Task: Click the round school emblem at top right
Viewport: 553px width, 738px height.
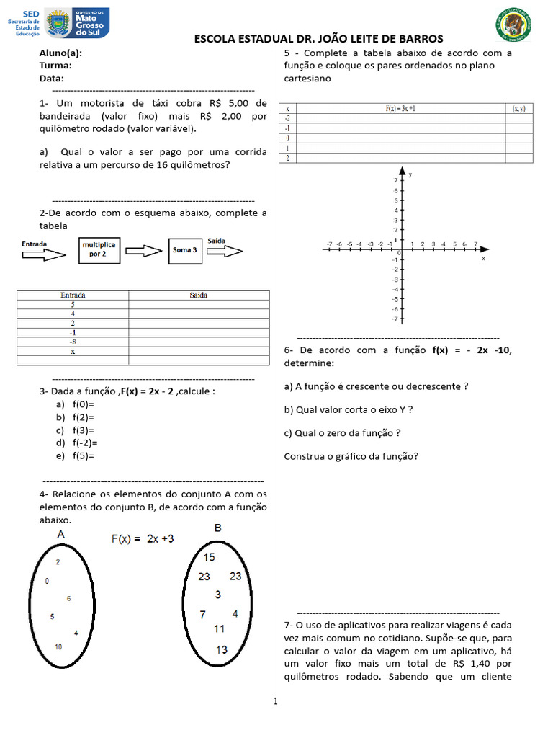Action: tap(513, 25)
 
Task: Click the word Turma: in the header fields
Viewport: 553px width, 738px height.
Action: tap(55, 66)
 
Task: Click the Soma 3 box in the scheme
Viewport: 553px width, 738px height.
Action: tap(184, 250)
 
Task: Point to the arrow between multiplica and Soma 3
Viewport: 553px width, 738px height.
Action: tap(144, 250)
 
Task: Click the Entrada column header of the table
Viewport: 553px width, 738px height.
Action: tap(73, 295)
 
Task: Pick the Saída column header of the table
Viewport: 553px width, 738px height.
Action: tap(199, 295)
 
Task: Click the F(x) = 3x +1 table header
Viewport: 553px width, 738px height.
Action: tap(400, 108)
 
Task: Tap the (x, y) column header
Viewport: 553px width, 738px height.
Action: tap(518, 108)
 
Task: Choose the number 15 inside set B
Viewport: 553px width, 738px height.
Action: tap(209, 557)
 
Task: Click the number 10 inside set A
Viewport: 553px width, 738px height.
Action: tap(58, 647)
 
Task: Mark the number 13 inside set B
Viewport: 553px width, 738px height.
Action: tap(221, 649)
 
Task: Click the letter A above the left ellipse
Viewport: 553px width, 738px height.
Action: tap(61, 534)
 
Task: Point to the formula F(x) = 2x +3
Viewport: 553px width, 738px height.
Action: tap(141, 538)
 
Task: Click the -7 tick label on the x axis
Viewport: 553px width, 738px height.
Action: tap(329, 244)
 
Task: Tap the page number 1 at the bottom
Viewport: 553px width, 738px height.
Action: tap(274, 702)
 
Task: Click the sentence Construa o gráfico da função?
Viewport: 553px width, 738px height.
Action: tap(351, 456)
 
